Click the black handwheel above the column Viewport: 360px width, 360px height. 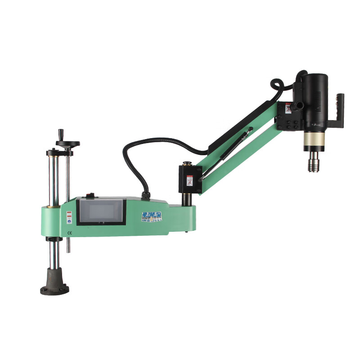coord(67,144)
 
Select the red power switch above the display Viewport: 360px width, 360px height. coord(90,195)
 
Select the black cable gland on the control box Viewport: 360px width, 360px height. coord(145,195)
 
